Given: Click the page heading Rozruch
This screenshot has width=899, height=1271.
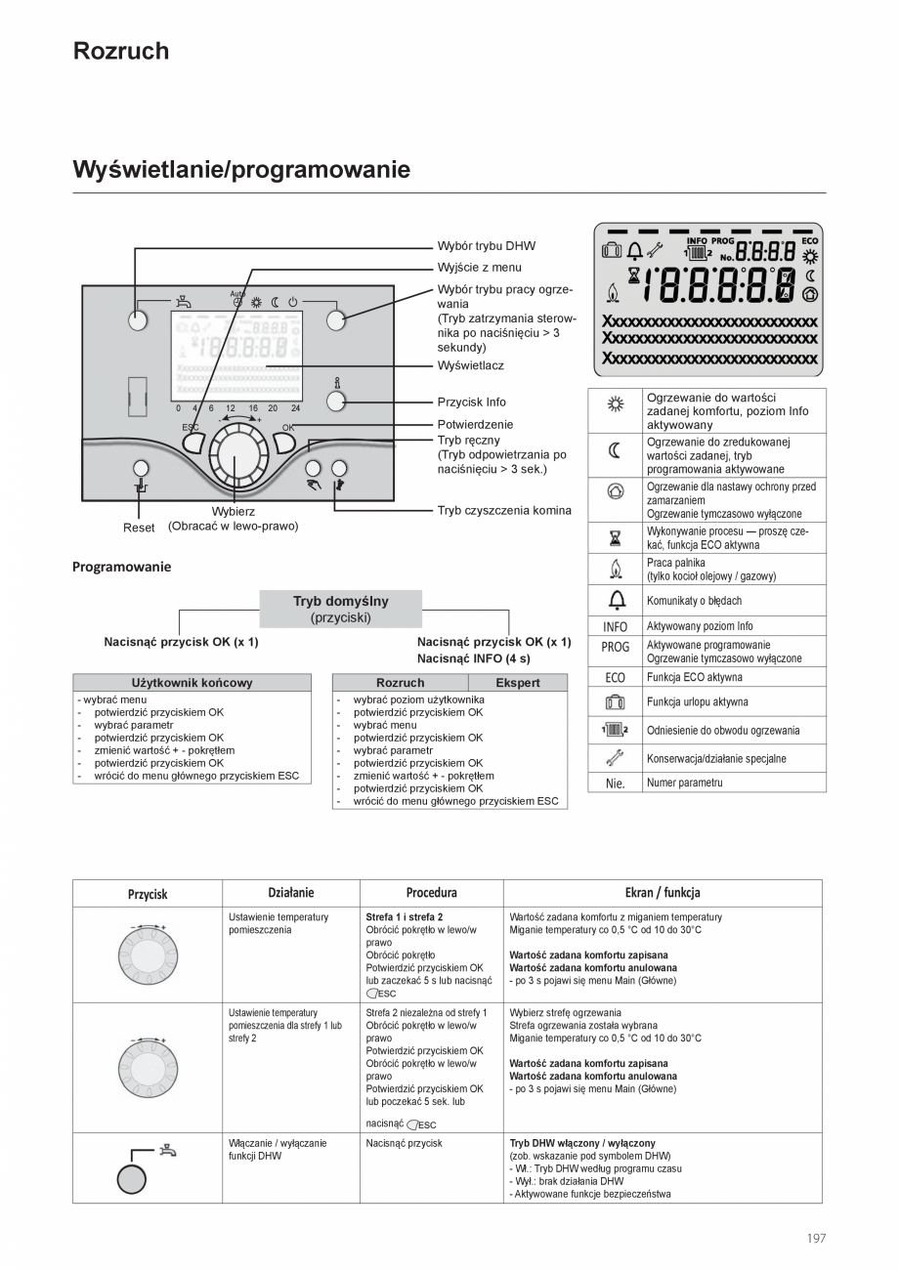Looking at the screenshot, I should pyautogui.click(x=121, y=52).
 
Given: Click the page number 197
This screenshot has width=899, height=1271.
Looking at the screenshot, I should pyautogui.click(x=816, y=1238).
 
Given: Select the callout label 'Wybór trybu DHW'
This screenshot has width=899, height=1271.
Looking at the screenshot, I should pyautogui.click(x=486, y=246).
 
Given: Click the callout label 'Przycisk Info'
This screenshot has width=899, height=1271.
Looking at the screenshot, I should pyautogui.click(x=471, y=402).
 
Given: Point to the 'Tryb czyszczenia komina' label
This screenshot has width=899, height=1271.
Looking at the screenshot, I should pyautogui.click(x=504, y=510).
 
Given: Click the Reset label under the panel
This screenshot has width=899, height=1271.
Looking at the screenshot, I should pyautogui.click(x=139, y=528).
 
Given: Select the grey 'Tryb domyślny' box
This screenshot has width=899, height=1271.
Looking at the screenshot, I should pyautogui.click(x=340, y=609).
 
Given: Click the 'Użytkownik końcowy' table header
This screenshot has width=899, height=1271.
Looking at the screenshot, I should pyautogui.click(x=192, y=683).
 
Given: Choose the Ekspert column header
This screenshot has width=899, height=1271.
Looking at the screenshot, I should pyautogui.click(x=517, y=683).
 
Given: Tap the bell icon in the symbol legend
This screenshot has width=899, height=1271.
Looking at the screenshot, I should pyautogui.click(x=616, y=600).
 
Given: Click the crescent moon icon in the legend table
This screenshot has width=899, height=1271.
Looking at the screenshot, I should pyautogui.click(x=616, y=450).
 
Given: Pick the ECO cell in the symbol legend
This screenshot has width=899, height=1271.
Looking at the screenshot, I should pyautogui.click(x=616, y=677).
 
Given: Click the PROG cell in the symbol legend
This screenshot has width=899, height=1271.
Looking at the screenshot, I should pyautogui.click(x=616, y=648).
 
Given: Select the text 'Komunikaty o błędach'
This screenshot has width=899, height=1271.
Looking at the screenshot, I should pyautogui.click(x=694, y=601).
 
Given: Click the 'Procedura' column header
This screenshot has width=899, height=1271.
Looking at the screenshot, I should pyautogui.click(x=431, y=893).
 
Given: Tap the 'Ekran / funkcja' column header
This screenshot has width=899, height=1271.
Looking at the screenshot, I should pyautogui.click(x=662, y=893).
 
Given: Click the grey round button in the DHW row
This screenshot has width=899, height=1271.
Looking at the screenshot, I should pyautogui.click(x=131, y=1180).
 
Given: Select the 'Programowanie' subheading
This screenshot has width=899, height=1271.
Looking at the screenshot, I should pyautogui.click(x=121, y=567).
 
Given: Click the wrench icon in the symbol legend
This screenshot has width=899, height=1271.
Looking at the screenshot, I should pyautogui.click(x=616, y=758).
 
